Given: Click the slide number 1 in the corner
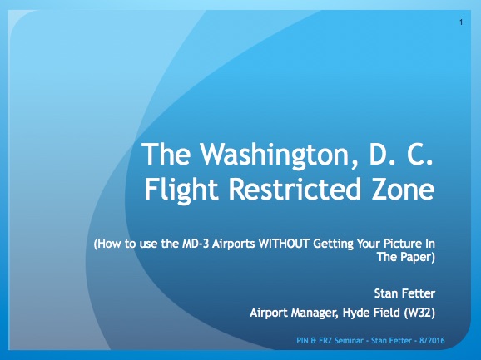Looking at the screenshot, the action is (x=461, y=22).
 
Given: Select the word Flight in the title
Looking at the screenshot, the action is (x=181, y=190).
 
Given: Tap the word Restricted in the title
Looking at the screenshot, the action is (x=295, y=190).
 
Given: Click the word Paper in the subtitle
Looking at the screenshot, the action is (x=416, y=258).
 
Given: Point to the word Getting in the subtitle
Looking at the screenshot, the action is (x=333, y=244).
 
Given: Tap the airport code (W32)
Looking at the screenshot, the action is (x=419, y=313).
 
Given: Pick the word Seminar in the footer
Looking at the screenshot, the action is (x=349, y=341).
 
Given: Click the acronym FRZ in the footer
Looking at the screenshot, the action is (x=325, y=341).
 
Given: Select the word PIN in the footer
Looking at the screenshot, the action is (x=302, y=341).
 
